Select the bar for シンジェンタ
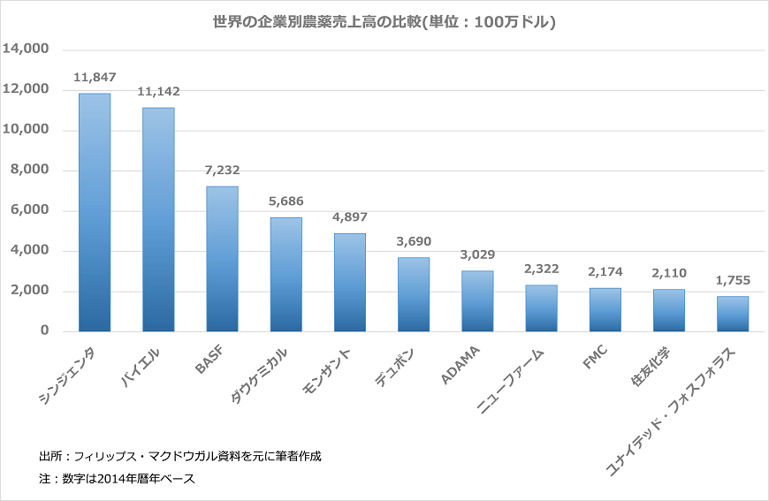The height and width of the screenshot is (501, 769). tap(95, 212)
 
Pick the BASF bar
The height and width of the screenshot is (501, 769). tap(222, 259)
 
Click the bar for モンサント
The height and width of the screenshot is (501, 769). tap(349, 282)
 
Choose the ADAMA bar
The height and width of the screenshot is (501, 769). tap(477, 300)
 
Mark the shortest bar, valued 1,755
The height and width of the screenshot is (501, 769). tap(732, 314)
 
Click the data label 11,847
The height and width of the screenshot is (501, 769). tap(95, 78)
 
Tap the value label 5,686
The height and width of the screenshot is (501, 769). tap(286, 201)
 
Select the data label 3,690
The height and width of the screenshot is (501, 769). tap(413, 241)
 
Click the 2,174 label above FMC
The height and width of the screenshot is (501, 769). tap(605, 272)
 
